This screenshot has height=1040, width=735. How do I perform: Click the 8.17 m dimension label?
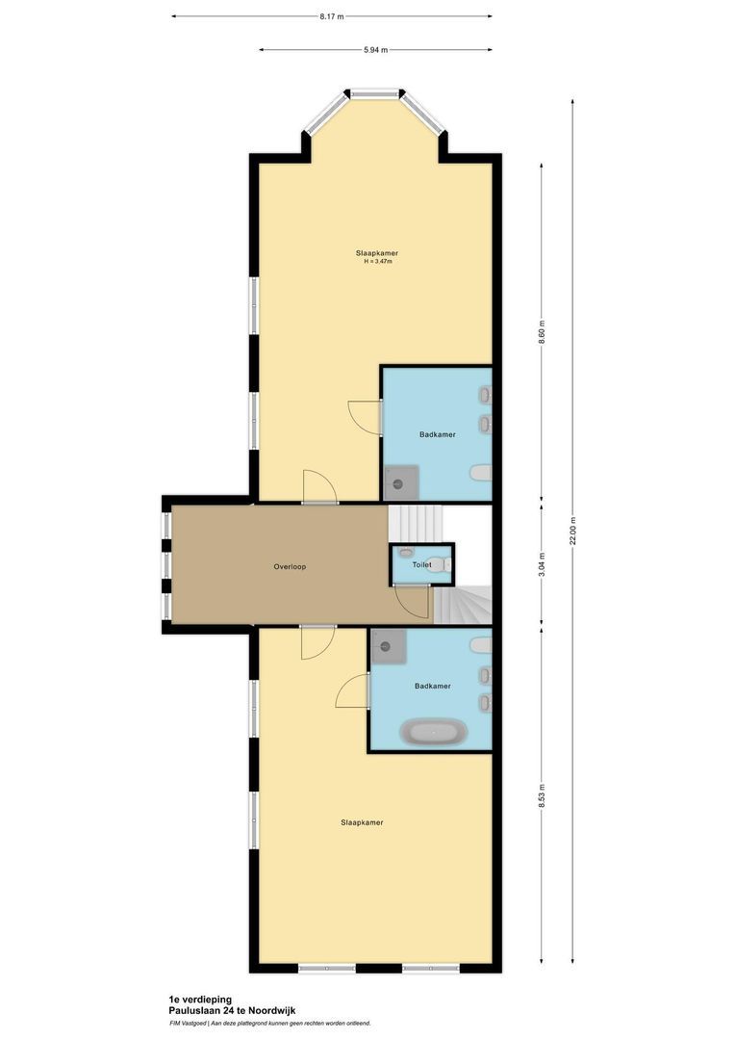click(x=332, y=16)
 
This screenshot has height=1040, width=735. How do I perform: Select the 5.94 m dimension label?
click(x=376, y=50)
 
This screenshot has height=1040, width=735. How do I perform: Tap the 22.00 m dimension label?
click(x=573, y=530)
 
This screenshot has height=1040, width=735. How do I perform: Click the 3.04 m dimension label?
click(x=542, y=562)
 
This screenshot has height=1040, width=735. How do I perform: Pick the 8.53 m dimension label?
click(x=542, y=794)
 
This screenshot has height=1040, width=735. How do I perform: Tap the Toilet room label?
click(x=421, y=564)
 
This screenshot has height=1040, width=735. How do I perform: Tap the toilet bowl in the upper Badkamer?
click(x=481, y=473)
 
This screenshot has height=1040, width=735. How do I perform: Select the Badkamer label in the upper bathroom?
click(x=437, y=434)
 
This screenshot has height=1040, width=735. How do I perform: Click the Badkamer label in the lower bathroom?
click(x=433, y=686)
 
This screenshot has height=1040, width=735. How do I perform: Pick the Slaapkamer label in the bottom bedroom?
click(x=362, y=822)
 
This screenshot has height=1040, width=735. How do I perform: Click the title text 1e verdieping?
click(x=199, y=1001)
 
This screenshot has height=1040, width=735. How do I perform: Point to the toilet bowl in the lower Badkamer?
click(x=481, y=644)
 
